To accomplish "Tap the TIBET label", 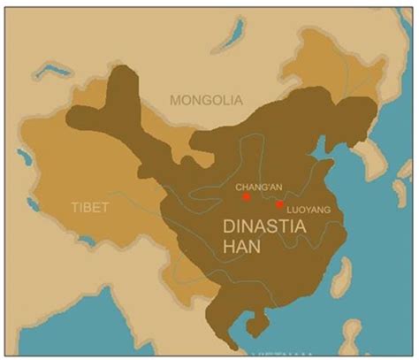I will point(89,207).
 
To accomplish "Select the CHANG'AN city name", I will point(258,187).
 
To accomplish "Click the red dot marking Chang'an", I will point(247,197).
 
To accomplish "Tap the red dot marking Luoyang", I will point(279,204).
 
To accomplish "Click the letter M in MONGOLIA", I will point(177,99).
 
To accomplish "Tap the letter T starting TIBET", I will point(74,207).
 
